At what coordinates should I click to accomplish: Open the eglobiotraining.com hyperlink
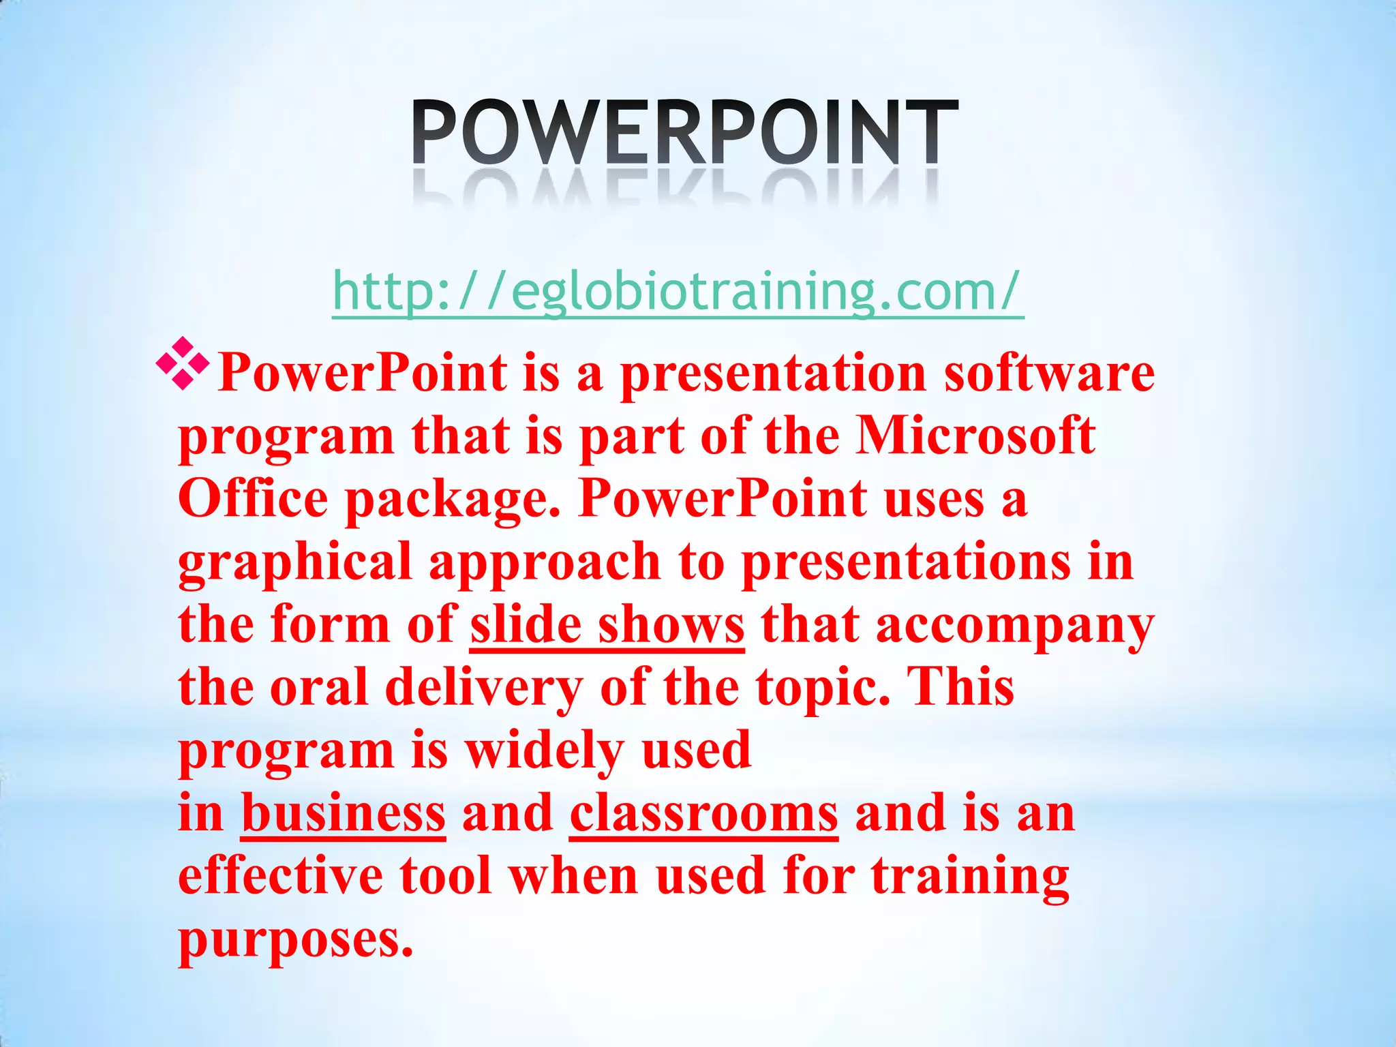click(x=678, y=292)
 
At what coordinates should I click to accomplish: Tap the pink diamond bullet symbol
click(x=182, y=364)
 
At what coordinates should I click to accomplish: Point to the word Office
click(x=253, y=499)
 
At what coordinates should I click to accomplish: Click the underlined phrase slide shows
click(x=607, y=625)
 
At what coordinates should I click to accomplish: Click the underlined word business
click(x=344, y=814)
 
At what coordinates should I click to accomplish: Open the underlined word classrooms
click(x=703, y=814)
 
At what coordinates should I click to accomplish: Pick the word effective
click(x=280, y=876)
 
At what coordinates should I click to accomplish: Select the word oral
click(x=319, y=688)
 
